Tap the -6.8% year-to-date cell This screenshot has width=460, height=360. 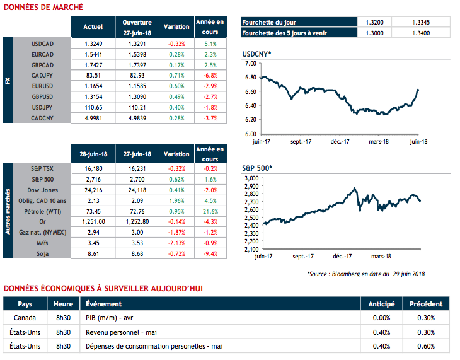210,74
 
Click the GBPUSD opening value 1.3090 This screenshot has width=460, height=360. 137,96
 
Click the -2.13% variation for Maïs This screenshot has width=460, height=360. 176,242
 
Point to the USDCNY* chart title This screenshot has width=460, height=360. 256,55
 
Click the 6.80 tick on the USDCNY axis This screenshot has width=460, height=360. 250,78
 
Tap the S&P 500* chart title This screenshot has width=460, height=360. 257,169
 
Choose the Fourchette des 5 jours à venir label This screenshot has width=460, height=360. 284,33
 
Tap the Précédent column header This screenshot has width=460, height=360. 426,304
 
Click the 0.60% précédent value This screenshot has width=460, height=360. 426,346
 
